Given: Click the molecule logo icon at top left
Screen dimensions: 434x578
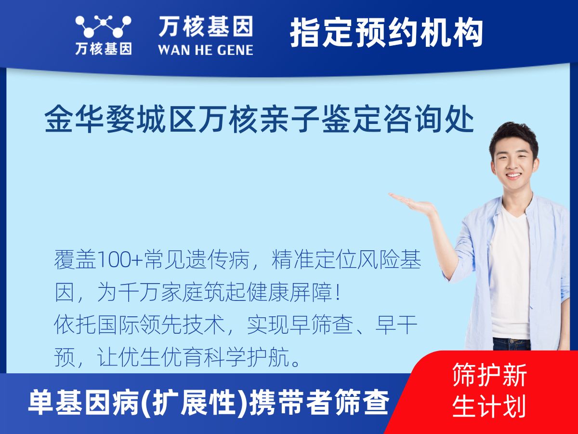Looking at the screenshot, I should (x=103, y=26).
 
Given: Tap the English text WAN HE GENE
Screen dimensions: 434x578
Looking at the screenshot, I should (x=206, y=49).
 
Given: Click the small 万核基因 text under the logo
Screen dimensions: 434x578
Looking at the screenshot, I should (x=103, y=49).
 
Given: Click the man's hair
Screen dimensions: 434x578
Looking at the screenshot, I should (x=513, y=133).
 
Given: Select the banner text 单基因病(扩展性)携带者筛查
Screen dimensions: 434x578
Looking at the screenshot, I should (x=208, y=403).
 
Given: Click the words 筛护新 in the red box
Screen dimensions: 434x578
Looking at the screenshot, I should (x=489, y=375).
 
